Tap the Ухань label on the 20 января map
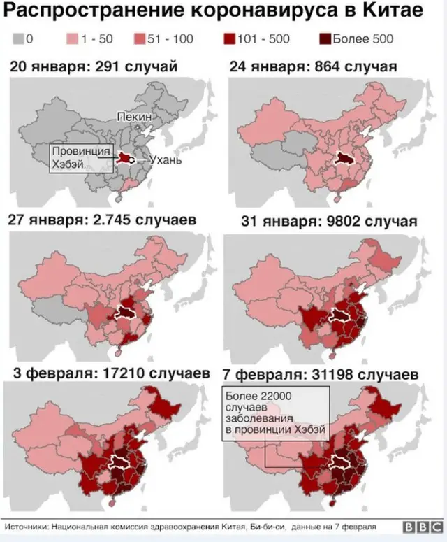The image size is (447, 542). tap(165, 159)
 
